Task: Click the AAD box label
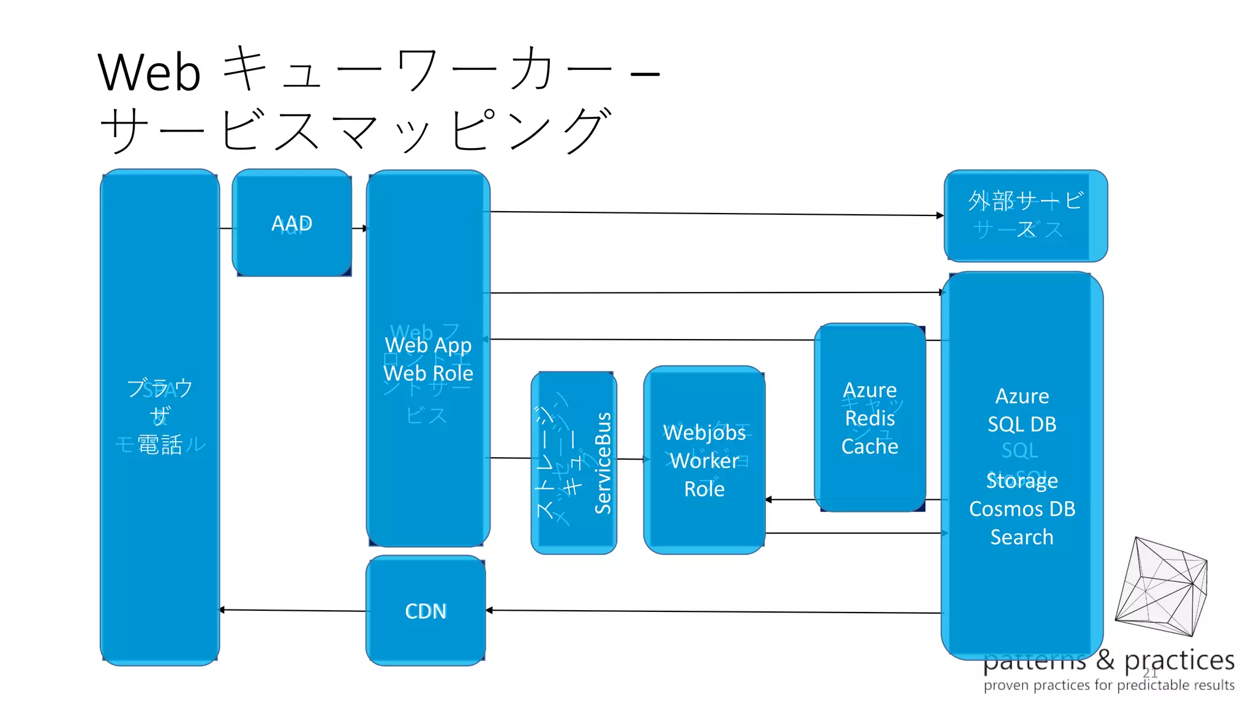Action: (291, 223)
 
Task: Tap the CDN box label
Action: (426, 611)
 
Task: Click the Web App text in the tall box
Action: (428, 345)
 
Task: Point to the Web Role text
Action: (428, 373)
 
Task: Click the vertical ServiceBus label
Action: (603, 463)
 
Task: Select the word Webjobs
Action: (704, 433)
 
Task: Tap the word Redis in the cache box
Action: (869, 419)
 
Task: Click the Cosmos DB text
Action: (1022, 509)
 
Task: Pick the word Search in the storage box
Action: (1022, 537)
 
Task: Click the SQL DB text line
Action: (1022, 424)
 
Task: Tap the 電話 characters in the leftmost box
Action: (160, 444)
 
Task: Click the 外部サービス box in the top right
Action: (1026, 215)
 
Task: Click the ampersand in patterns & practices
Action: (1105, 660)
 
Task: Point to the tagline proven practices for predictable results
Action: (1109, 685)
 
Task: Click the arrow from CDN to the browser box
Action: (293, 610)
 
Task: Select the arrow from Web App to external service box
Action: (716, 214)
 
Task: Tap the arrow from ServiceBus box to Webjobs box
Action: (631, 459)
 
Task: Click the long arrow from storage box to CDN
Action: (713, 611)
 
